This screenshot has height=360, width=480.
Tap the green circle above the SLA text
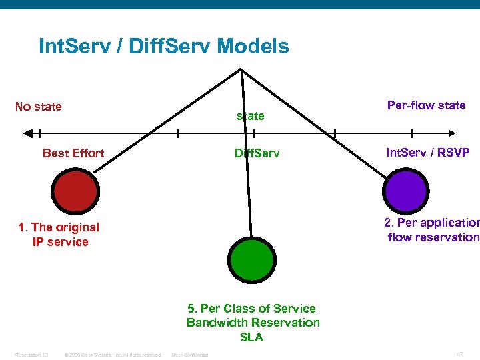click(251, 260)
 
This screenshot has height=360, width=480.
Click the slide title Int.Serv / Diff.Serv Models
click(164, 47)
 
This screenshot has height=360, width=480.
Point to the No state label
click(39, 107)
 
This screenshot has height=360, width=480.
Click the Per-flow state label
click(426, 105)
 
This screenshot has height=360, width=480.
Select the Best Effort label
click(73, 153)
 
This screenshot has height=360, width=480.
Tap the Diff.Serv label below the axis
click(257, 153)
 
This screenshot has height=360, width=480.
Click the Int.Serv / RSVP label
click(428, 153)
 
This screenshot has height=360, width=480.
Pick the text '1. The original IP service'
click(59, 235)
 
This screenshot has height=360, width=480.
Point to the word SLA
click(251, 337)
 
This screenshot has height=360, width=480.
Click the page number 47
click(459, 354)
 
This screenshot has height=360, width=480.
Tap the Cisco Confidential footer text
click(189, 355)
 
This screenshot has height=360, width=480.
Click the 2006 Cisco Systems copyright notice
click(111, 355)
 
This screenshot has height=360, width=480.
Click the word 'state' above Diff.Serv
click(251, 116)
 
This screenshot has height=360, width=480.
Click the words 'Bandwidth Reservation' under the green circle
click(253, 323)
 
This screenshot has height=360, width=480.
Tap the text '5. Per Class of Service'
click(251, 309)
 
